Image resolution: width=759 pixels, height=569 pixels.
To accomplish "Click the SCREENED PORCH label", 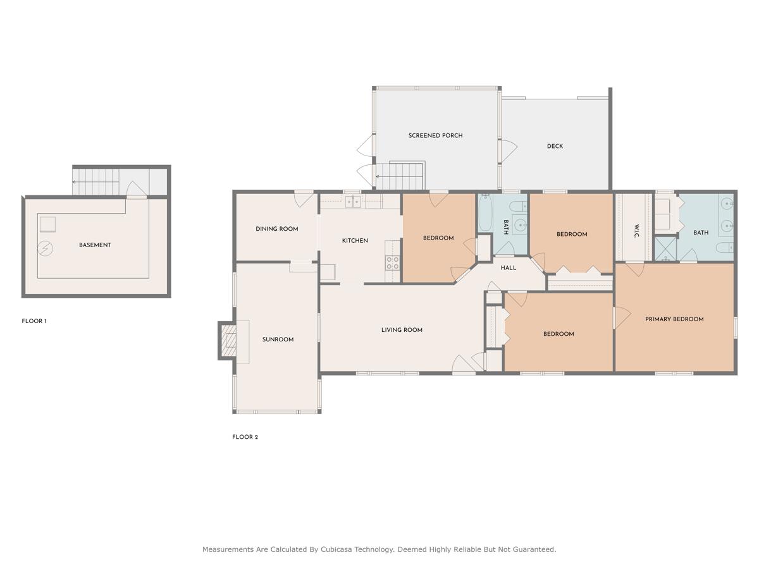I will click(x=435, y=135).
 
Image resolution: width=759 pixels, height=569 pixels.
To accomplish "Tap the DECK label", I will click(x=555, y=146).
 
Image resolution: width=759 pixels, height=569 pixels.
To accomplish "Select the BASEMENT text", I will click(x=95, y=245).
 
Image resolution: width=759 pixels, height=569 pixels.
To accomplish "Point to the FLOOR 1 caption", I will click(x=34, y=321).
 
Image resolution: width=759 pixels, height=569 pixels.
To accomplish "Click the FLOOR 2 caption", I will click(x=245, y=437).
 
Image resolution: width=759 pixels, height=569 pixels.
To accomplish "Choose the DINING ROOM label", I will click(x=276, y=229).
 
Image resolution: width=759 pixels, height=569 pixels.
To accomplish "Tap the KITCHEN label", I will click(x=355, y=240).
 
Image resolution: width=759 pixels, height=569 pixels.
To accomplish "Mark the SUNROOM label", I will click(x=278, y=340).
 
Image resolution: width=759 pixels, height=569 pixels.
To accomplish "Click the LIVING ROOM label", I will click(x=402, y=330).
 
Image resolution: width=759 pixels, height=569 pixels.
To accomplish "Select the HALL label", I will click(x=509, y=267).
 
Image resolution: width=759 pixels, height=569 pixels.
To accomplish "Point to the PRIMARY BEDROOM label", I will click(x=674, y=319).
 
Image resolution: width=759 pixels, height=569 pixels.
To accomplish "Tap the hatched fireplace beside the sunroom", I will click(x=229, y=341).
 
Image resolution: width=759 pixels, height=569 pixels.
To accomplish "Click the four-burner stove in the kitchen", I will click(x=393, y=263).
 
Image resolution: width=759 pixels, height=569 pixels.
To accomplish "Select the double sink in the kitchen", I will click(x=352, y=202).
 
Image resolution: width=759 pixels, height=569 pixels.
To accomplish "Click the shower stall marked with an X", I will click(x=665, y=248).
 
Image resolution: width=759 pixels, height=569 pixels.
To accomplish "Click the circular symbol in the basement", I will click(x=44, y=248).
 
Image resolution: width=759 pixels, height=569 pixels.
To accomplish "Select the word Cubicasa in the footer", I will click(x=339, y=549).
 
